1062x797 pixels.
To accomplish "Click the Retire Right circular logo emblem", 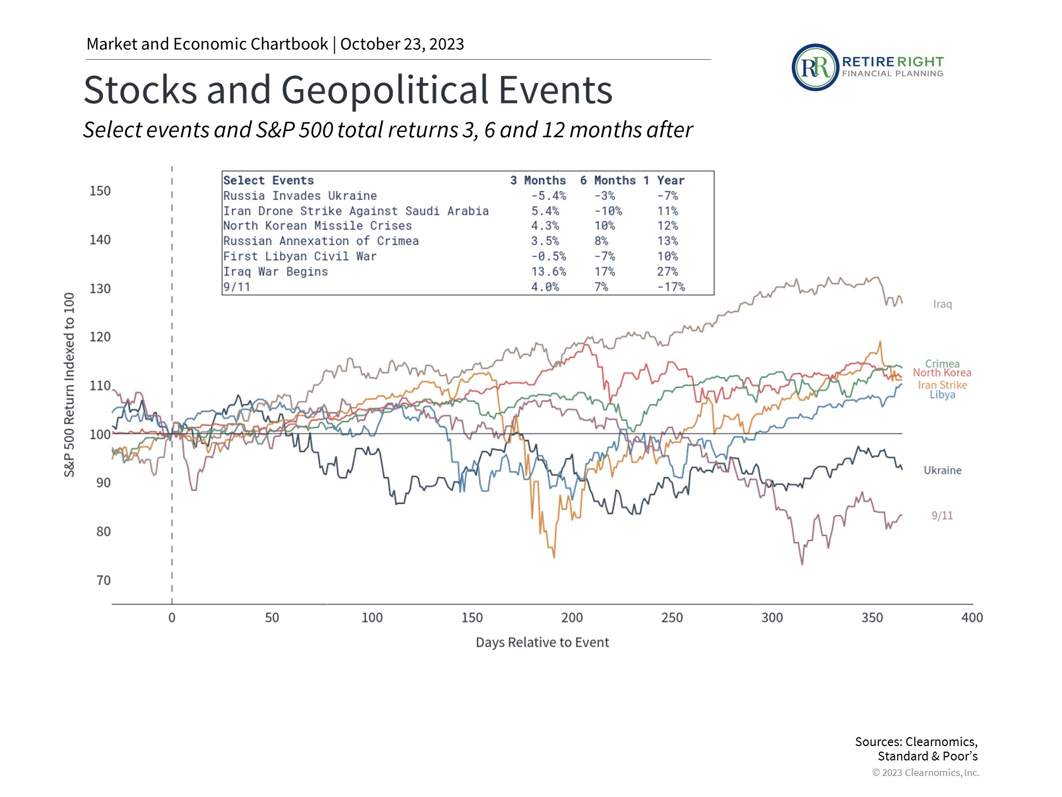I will tap(815, 68).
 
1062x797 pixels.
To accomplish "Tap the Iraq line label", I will tap(942, 304).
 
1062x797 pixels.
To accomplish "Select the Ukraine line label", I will tap(943, 470).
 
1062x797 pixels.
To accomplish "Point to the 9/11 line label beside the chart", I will tap(942, 516).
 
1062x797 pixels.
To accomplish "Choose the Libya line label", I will tap(942, 395).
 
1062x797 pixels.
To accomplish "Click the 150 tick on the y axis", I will tap(100, 191).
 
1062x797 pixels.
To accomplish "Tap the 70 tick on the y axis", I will tap(103, 581).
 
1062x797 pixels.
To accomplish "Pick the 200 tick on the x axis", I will tap(572, 618).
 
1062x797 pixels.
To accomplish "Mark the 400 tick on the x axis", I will tap(972, 618).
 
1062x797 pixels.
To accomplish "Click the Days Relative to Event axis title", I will tap(542, 643).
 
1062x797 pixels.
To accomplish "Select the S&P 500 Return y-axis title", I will tap(69, 385).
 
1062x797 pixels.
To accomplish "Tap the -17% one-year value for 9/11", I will tap(671, 287).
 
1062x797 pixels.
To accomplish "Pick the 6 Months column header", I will tap(607, 180).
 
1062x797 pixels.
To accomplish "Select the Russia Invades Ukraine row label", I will tap(300, 196).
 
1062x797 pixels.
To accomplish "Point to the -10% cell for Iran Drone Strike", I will tap(608, 211).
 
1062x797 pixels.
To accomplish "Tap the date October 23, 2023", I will tap(402, 44).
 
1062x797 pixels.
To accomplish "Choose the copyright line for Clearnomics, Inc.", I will tap(925, 773).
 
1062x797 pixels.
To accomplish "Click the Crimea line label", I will tap(942, 364).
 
